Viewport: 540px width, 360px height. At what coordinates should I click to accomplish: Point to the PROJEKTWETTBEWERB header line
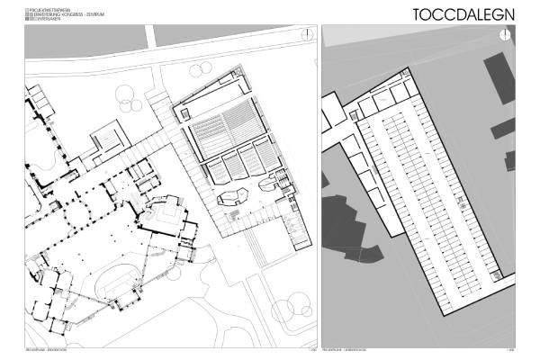52,8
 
